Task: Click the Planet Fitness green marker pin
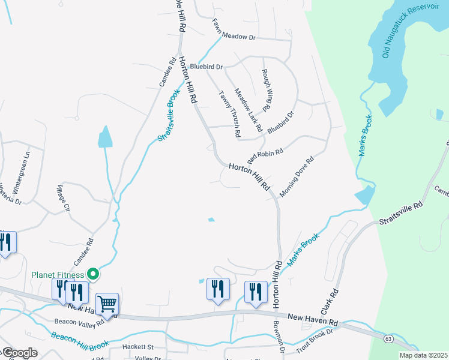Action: point(92,274)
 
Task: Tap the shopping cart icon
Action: point(106,304)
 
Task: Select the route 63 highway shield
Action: point(389,340)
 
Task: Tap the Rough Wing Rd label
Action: point(267,90)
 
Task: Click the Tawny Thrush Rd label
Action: point(229,111)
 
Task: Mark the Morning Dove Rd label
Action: point(297,177)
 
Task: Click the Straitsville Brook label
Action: point(169,115)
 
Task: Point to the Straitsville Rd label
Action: point(401,214)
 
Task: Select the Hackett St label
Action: point(138,347)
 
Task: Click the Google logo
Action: point(19,353)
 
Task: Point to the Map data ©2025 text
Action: point(424,355)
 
